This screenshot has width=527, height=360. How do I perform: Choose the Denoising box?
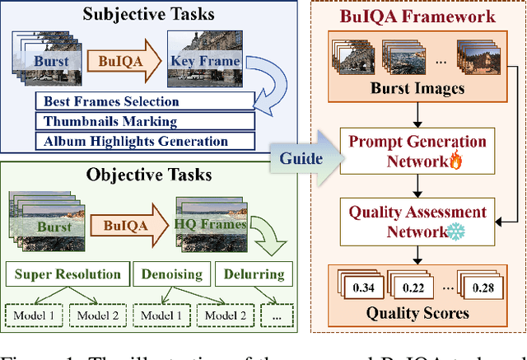(x=175, y=274)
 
